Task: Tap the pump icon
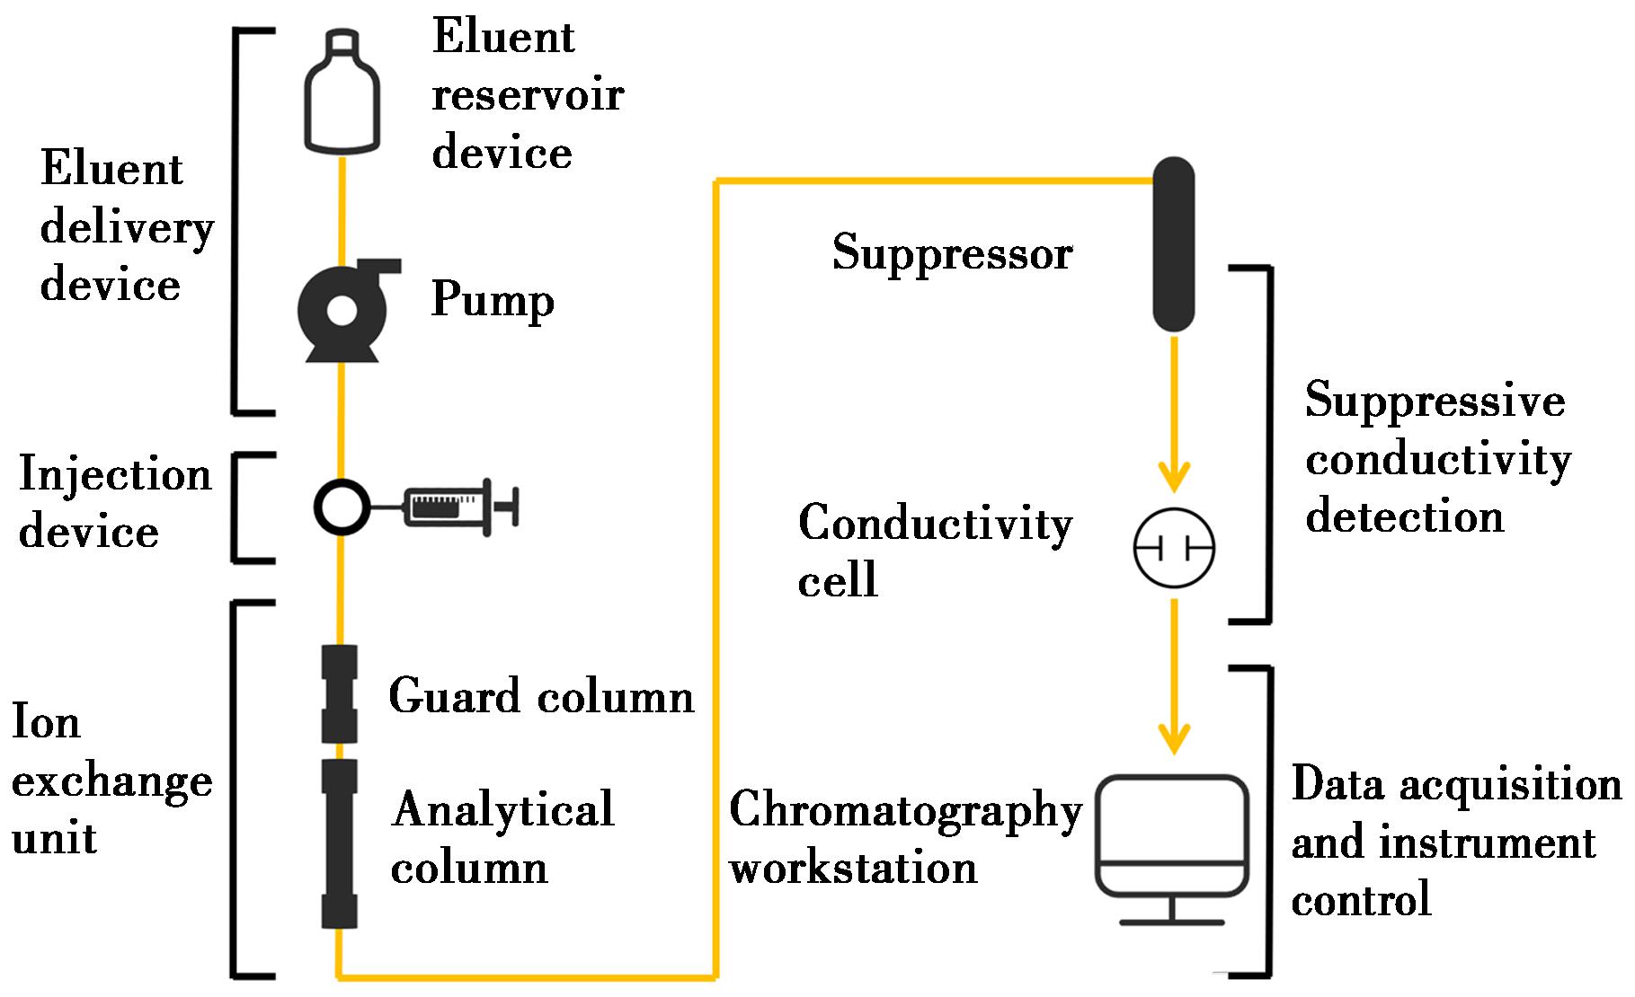pyautogui.click(x=342, y=311)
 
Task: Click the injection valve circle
pyautogui.click(x=342, y=507)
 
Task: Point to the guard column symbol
pyautogui.click(x=340, y=694)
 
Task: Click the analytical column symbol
pyautogui.click(x=340, y=843)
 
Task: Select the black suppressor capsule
pyautogui.click(x=1173, y=244)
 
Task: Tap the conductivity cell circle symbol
pyautogui.click(x=1173, y=548)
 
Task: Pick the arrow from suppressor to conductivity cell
pyautogui.click(x=1173, y=413)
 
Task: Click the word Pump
pyautogui.click(x=493, y=300)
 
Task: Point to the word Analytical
pyautogui.click(x=503, y=809)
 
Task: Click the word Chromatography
pyautogui.click(x=905, y=811)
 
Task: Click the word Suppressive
pyautogui.click(x=1435, y=400)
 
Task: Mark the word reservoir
pyautogui.click(x=528, y=94)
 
